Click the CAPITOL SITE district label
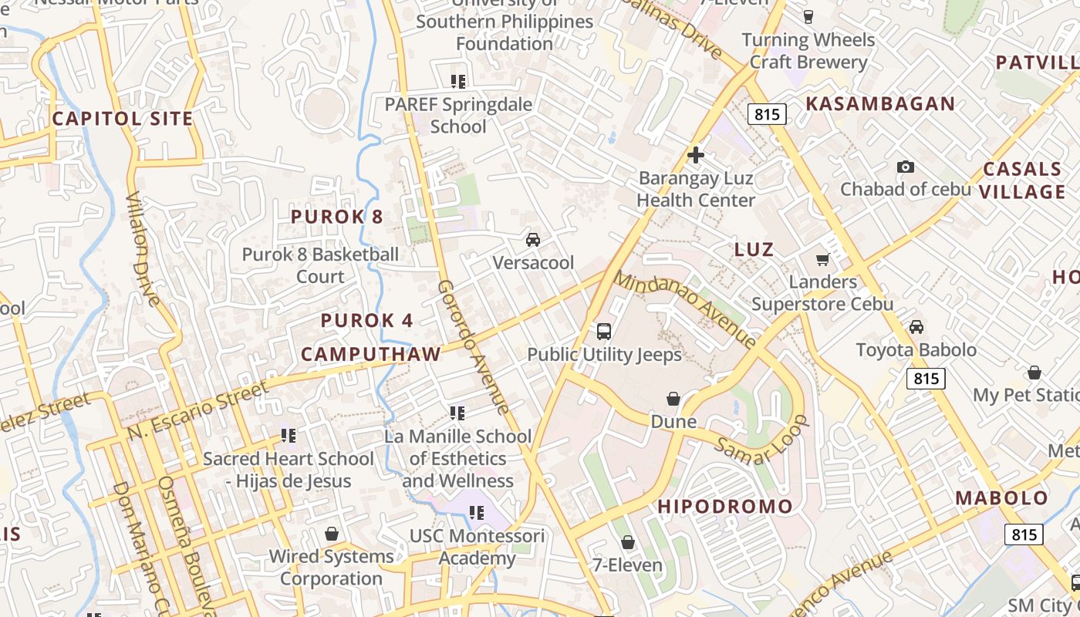[122, 119]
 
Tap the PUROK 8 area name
[336, 217]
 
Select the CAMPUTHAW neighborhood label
[371, 354]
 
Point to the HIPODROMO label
[725, 507]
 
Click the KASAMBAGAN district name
[880, 103]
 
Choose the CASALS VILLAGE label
[1023, 180]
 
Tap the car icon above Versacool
[533, 240]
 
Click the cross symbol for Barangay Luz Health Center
[696, 156]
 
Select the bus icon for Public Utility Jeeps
[604, 332]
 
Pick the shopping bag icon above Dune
[673, 399]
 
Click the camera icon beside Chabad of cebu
[906, 167]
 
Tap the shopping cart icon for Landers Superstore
[823, 259]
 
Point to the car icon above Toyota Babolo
[916, 327]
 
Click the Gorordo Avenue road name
[474, 346]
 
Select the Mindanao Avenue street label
[685, 309]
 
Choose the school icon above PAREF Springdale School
[457, 81]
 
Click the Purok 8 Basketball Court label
[321, 265]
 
